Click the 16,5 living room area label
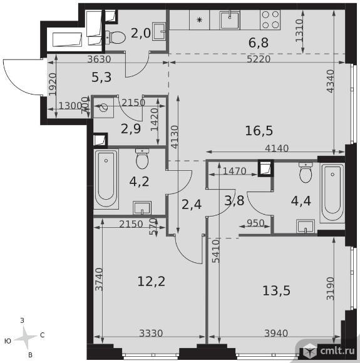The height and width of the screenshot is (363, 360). coord(259,131)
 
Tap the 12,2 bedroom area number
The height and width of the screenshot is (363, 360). coord(152,282)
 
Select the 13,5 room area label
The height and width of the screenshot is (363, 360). coord(276,290)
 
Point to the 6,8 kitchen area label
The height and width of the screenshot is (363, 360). coord(259,43)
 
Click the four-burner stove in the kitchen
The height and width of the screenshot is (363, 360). coord(270,19)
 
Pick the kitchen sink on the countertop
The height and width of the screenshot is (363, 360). coord(230,20)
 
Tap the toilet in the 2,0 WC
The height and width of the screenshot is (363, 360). coord(115,38)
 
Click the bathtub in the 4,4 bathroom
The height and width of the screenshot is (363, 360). coord(332,193)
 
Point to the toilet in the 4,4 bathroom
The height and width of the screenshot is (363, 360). coord(306,173)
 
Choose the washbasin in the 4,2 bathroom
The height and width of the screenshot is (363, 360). coord(142,208)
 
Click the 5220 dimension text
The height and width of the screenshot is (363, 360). coord(259,59)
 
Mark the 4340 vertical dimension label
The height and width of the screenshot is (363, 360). coord(330,81)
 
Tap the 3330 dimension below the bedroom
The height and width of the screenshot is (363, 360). coord(151,334)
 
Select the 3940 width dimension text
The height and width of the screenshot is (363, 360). coord(276,334)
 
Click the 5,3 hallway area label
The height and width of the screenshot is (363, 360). coord(101,78)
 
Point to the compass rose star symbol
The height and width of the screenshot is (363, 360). coord(26,337)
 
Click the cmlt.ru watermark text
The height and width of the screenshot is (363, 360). coord(337,350)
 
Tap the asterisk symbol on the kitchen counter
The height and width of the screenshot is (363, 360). coord(199,20)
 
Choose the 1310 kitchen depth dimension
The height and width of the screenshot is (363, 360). coord(299,30)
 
